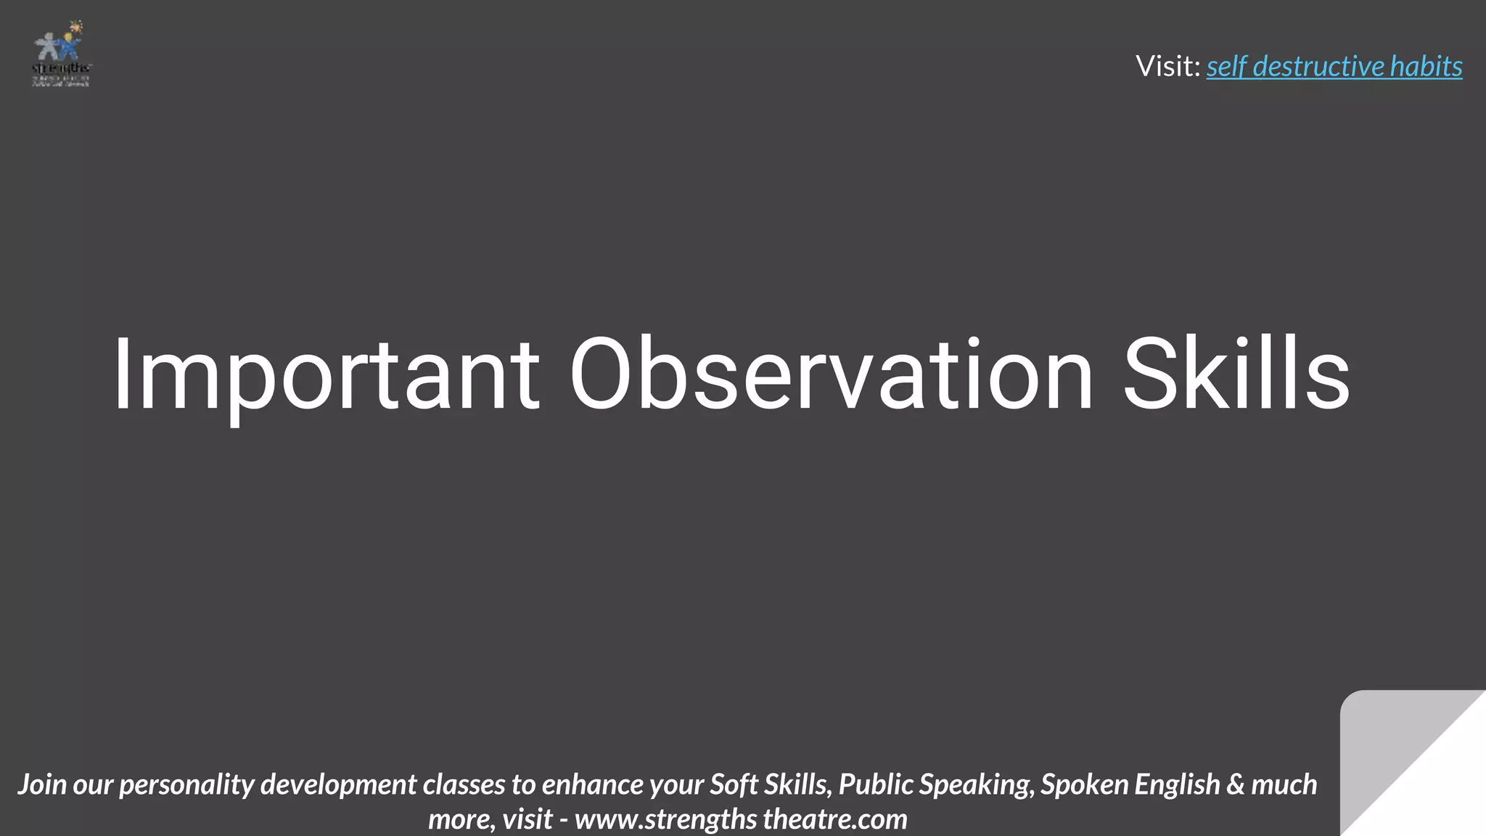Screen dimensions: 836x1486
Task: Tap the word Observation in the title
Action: click(831, 376)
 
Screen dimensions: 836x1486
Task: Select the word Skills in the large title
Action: click(1236, 376)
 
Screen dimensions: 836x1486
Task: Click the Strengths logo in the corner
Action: click(62, 54)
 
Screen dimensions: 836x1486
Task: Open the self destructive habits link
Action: click(1334, 67)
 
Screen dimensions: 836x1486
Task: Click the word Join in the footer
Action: click(44, 785)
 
